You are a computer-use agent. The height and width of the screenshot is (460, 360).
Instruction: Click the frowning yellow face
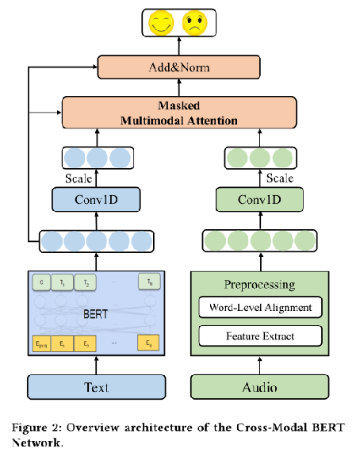(193, 21)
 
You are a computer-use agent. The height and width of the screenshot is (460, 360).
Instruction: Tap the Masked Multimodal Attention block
(178, 113)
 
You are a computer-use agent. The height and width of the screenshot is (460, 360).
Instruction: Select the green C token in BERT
(40, 282)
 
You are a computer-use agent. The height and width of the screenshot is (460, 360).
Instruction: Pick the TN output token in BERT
(146, 282)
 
